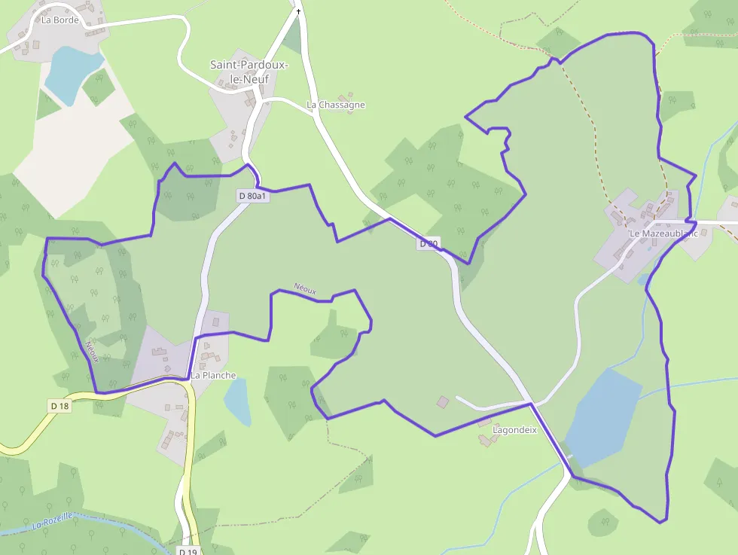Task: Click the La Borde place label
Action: click(55, 20)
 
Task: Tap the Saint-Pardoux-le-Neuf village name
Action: click(249, 72)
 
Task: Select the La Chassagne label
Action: click(336, 105)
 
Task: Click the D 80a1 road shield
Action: click(252, 197)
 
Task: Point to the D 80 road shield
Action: click(428, 243)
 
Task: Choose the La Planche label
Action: click(213, 375)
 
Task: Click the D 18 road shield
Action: click(59, 406)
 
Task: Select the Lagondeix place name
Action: click(514, 430)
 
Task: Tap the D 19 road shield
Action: click(188, 551)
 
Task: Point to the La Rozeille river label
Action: click(53, 520)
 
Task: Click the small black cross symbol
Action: click(298, 11)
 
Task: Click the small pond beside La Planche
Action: click(237, 401)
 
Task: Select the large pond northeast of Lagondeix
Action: click(602, 418)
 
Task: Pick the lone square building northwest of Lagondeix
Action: click(443, 402)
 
